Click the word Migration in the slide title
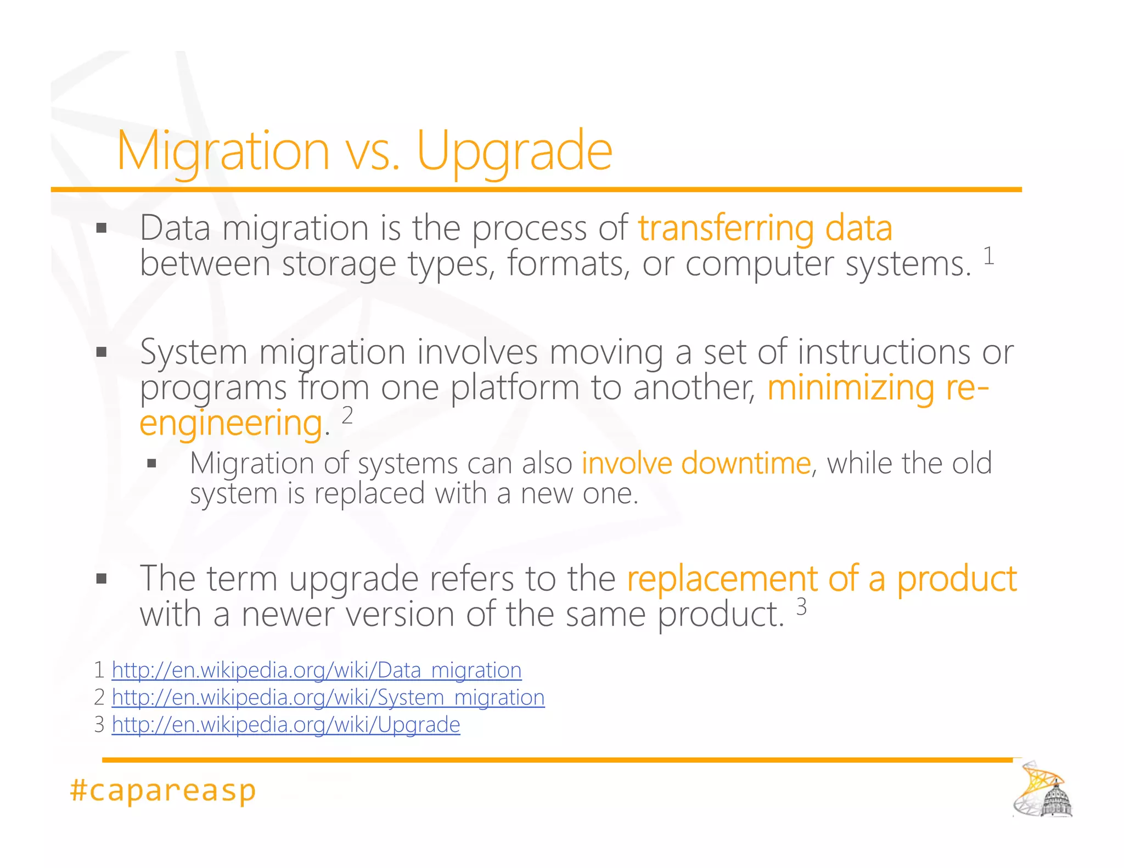(x=223, y=150)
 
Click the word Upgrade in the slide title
(x=514, y=150)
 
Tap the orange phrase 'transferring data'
(x=765, y=228)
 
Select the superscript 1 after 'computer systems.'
(x=988, y=256)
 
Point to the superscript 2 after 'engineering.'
(x=347, y=415)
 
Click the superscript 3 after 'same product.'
(x=801, y=607)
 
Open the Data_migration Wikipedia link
(x=317, y=670)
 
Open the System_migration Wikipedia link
(x=328, y=697)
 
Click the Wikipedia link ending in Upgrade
(x=286, y=725)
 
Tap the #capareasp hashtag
(x=163, y=791)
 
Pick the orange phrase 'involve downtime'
(x=696, y=463)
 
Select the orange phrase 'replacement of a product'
(x=822, y=578)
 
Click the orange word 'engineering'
(x=231, y=423)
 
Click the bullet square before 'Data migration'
(x=101, y=228)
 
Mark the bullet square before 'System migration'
(x=101, y=352)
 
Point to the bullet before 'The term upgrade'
(x=101, y=578)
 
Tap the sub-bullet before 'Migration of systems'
(x=152, y=464)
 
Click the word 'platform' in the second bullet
(x=515, y=387)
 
